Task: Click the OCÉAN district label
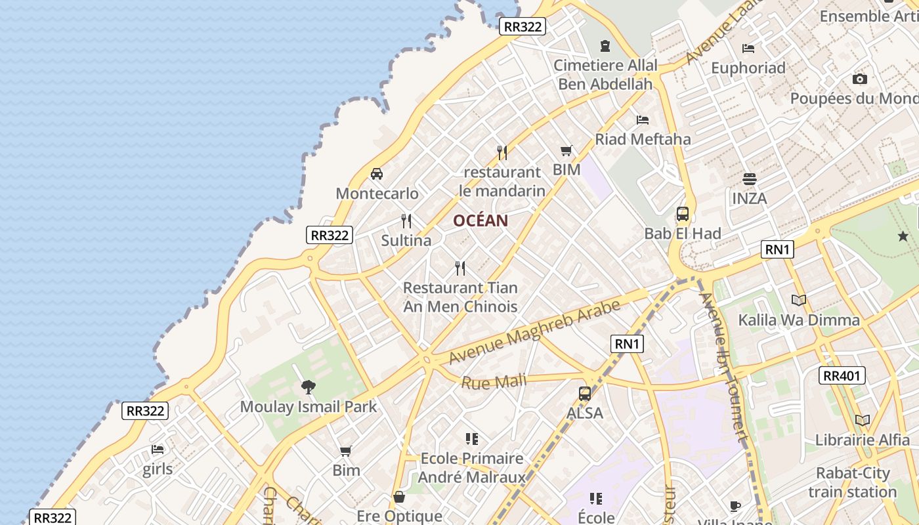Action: point(481,220)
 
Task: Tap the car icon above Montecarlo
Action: point(377,174)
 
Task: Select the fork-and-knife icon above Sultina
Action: point(406,220)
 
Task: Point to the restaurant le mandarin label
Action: point(502,181)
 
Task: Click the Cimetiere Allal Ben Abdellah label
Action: point(605,74)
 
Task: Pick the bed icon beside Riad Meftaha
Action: point(643,120)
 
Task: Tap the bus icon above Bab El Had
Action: point(683,214)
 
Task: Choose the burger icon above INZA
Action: point(750,178)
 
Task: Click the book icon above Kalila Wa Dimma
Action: point(798,301)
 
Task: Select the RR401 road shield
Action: point(842,375)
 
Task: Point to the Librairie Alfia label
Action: point(863,440)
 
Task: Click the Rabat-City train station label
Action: point(853,482)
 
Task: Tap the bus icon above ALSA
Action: point(585,394)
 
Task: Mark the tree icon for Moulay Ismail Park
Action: point(308,387)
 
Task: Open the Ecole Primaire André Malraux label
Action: point(472,467)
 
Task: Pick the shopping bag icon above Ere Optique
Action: point(398,497)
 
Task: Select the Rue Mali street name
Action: point(494,381)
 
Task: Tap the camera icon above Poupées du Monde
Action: point(859,79)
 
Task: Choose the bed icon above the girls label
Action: point(158,450)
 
